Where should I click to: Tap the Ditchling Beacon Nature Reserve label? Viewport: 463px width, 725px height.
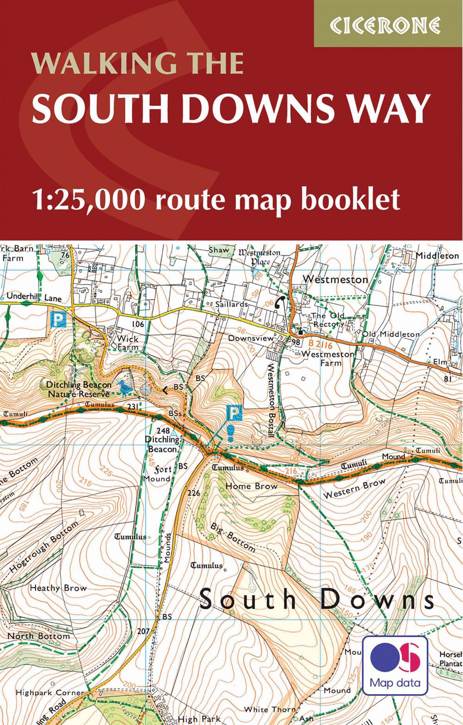(79, 389)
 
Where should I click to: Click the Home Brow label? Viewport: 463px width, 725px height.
(251, 486)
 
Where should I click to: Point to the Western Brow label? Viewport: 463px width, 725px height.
(354, 489)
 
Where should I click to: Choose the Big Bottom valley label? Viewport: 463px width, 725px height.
(232, 537)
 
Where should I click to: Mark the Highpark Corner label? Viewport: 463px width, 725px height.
(50, 693)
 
